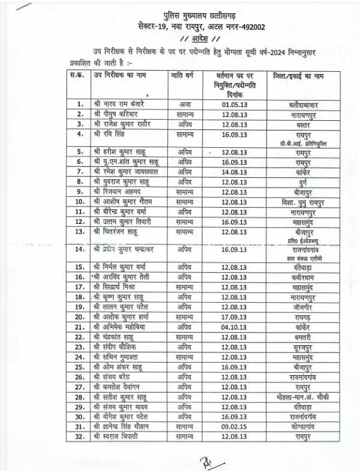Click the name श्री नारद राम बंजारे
point(119,104)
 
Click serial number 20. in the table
point(80,317)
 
